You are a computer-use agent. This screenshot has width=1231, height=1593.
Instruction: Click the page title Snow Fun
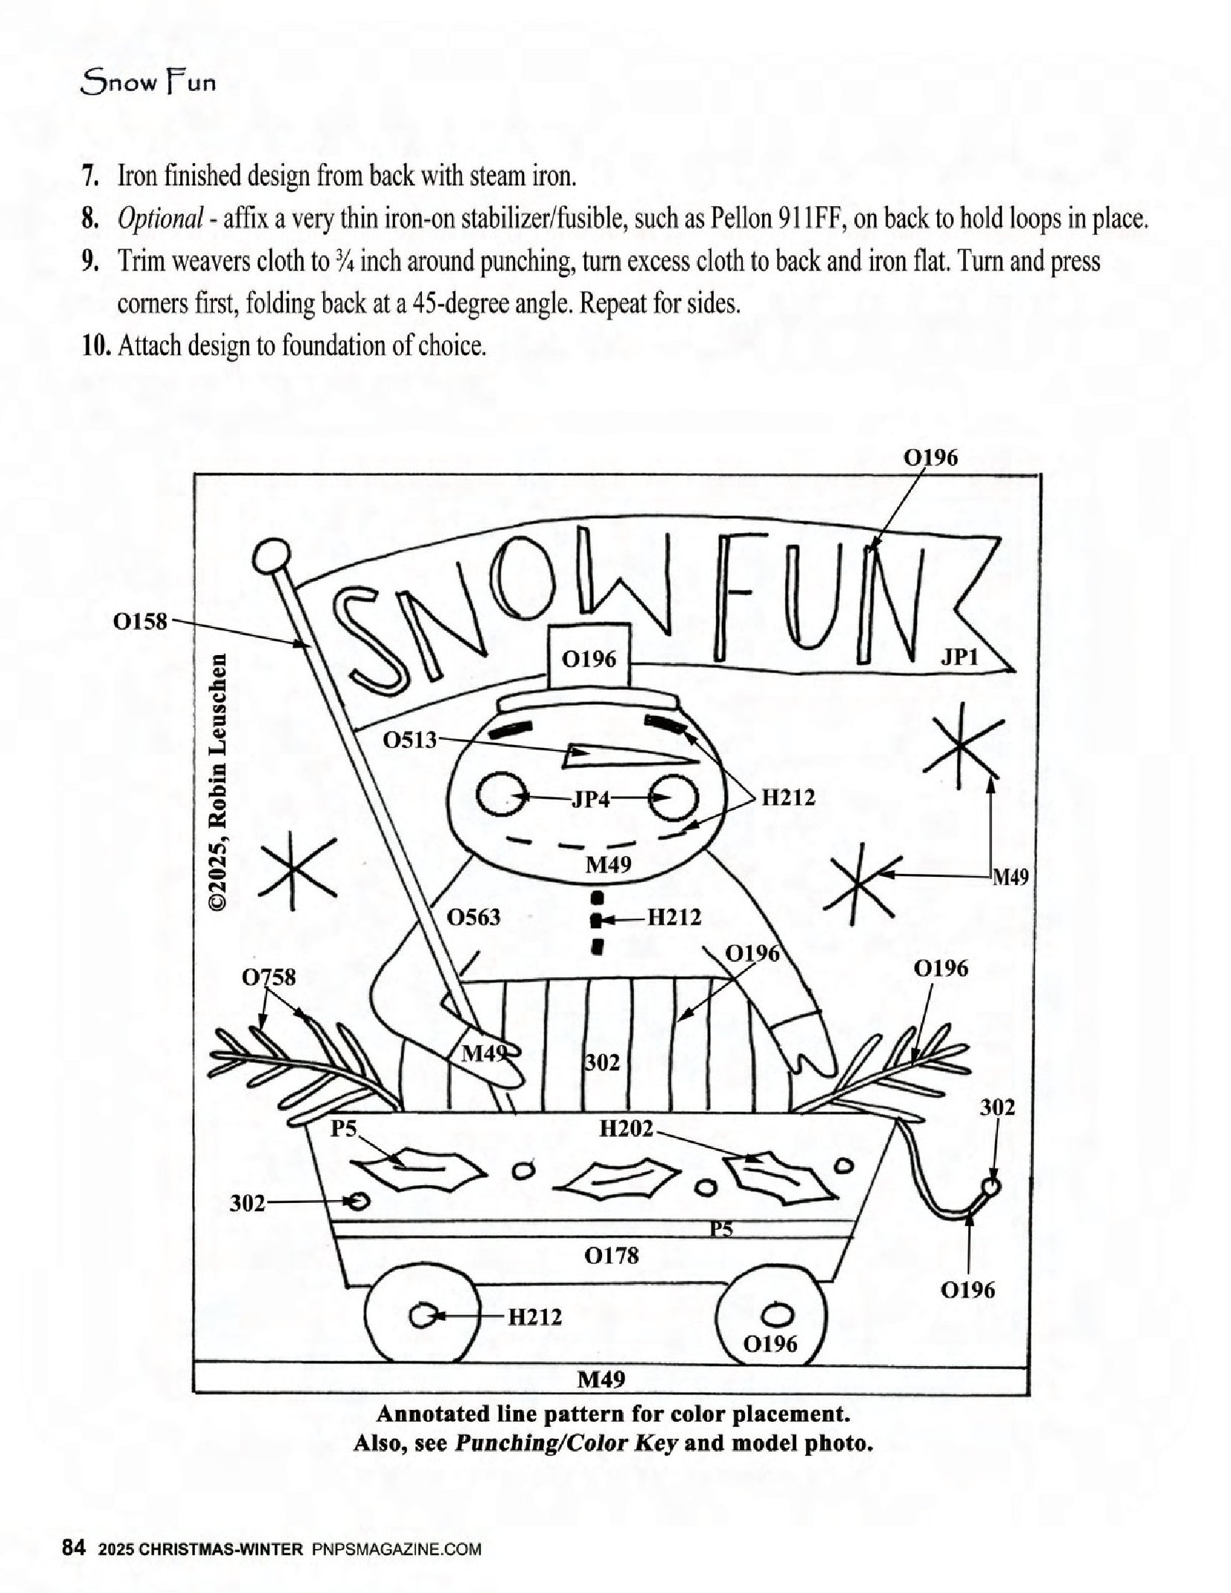(x=148, y=81)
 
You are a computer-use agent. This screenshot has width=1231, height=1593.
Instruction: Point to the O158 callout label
(x=140, y=621)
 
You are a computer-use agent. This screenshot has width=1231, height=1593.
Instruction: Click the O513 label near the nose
(x=410, y=740)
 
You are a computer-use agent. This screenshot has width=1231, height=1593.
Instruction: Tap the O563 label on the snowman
(x=473, y=917)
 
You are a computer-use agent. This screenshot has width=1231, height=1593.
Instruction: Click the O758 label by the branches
(x=269, y=977)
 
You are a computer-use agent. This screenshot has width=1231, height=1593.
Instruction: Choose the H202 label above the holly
(x=627, y=1129)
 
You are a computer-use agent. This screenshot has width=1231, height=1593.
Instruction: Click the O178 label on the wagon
(x=611, y=1257)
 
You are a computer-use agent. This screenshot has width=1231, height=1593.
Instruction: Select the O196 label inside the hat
(x=589, y=659)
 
